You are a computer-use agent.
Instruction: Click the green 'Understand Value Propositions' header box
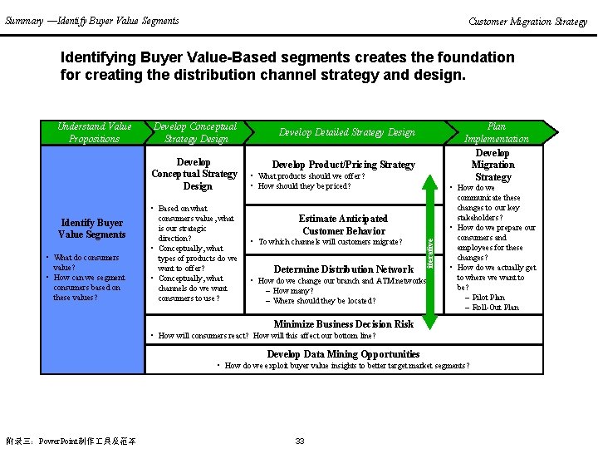coord(94,133)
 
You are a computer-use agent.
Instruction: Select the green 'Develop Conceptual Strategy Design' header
coord(195,133)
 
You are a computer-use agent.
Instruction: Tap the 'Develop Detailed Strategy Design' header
coord(346,132)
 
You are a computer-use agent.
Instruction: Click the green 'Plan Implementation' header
coord(496,133)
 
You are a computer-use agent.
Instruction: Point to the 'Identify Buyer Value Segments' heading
coord(91,229)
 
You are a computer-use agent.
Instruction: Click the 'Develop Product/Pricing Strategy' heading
coord(344,165)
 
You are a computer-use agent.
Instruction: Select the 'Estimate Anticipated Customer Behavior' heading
coord(344,225)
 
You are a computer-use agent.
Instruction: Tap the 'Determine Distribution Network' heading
coord(344,269)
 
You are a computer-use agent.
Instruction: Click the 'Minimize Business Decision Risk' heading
coord(344,324)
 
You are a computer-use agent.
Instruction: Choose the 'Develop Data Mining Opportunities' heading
coord(344,354)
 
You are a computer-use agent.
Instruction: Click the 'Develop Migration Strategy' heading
coord(493,165)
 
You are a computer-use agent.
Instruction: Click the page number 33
coord(301,441)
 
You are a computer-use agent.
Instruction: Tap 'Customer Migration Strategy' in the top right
coord(527,22)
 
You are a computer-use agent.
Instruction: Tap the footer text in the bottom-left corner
coord(71,441)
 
